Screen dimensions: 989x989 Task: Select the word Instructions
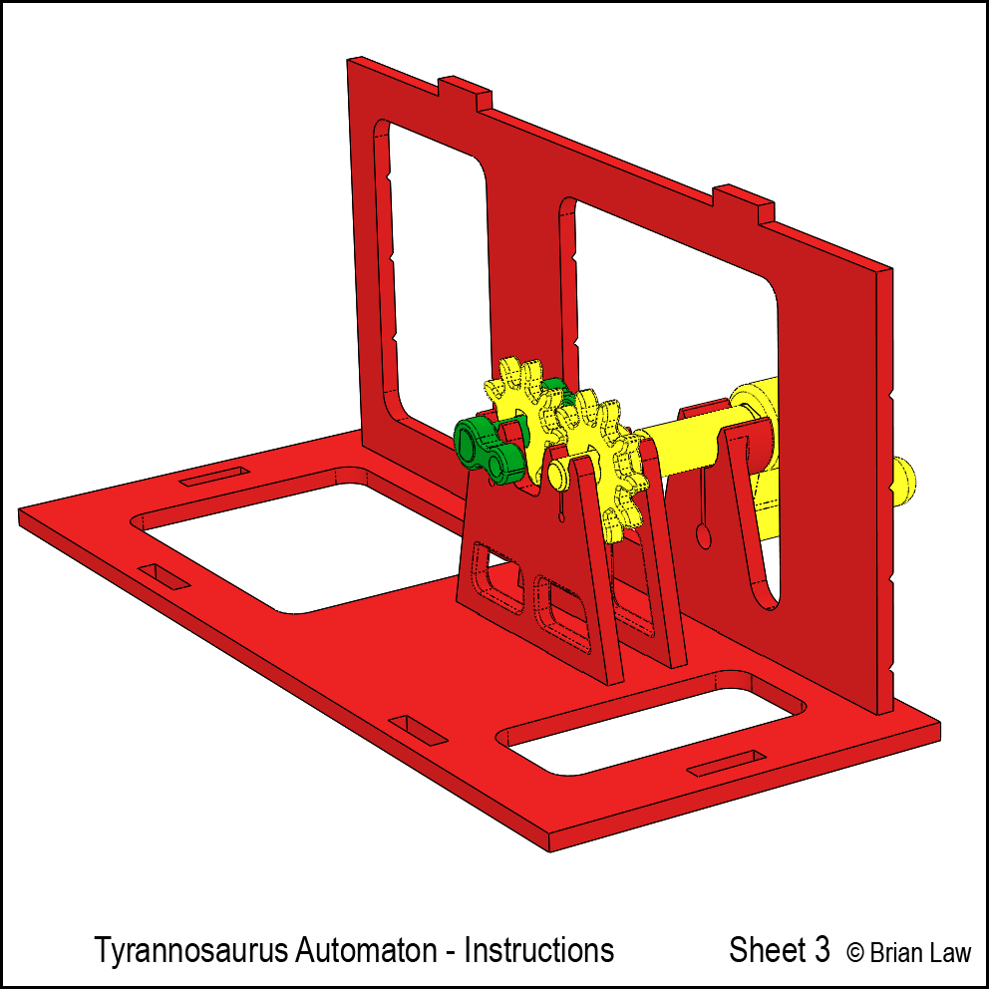[538, 950]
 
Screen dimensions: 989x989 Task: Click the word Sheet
[768, 950]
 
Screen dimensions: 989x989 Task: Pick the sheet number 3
[822, 950]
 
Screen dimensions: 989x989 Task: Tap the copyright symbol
[854, 952]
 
